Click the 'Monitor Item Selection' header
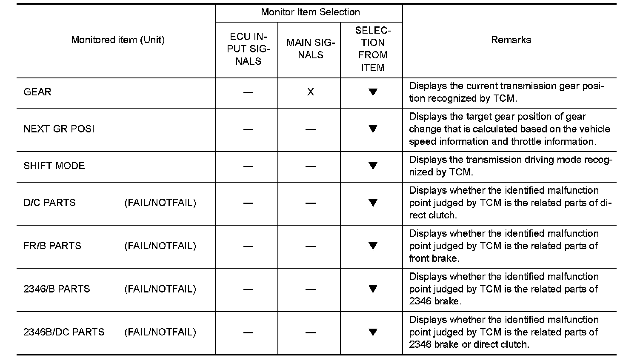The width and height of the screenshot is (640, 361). tap(310, 12)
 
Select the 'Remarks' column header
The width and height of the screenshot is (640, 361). tap(511, 40)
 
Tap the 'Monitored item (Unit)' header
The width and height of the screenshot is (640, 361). tap(117, 40)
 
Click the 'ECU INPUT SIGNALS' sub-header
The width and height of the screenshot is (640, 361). tap(248, 49)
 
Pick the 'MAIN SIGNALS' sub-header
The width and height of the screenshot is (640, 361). tap(311, 49)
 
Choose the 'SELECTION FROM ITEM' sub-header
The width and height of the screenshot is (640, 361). tap(373, 49)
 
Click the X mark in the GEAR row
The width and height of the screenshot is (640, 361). tap(311, 92)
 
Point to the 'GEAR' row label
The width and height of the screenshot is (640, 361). tap(37, 92)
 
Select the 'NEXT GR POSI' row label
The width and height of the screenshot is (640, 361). tap(59, 129)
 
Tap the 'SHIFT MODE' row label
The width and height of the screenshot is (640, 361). tap(54, 166)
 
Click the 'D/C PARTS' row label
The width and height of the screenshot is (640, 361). tap(49, 203)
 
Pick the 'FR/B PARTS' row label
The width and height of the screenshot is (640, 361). tap(52, 246)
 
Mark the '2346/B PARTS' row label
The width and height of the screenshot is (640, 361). tap(57, 289)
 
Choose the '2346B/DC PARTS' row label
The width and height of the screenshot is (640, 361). tap(64, 332)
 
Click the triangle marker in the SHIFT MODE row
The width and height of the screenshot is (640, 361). tap(373, 166)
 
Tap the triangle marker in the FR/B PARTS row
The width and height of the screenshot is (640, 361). tap(373, 246)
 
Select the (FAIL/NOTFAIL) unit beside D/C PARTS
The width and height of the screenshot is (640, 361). tap(160, 203)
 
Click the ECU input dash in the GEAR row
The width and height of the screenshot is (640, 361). tap(248, 92)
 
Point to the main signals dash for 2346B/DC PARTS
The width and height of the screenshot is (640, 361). tap(311, 332)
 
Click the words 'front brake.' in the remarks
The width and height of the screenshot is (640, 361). tap(434, 258)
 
